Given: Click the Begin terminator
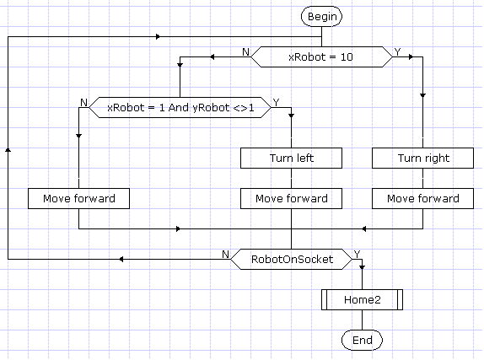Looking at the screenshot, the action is click(x=321, y=16).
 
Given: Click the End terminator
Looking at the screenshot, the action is click(x=362, y=341).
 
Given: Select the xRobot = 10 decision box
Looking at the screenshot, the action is click(x=321, y=56).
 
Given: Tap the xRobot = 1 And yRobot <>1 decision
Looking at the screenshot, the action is click(x=180, y=107).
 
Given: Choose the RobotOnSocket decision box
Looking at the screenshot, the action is click(x=292, y=259).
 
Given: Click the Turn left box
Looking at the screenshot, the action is click(x=292, y=158).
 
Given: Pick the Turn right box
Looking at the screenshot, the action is click(x=423, y=158).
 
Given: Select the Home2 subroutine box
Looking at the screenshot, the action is click(x=362, y=299).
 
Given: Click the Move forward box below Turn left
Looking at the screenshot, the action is click(x=292, y=198).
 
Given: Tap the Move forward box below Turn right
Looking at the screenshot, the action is click(x=423, y=198).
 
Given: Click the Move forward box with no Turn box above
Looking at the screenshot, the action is click(x=78, y=198).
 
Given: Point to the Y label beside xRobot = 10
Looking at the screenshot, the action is click(x=397, y=52).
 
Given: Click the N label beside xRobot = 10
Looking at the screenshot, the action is click(x=245, y=52).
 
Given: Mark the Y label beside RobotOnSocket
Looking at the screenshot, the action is click(x=357, y=254).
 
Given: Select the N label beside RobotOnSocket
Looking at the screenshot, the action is click(x=225, y=254).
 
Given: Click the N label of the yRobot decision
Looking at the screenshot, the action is click(x=83, y=103).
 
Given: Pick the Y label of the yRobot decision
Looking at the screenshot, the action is click(x=276, y=103).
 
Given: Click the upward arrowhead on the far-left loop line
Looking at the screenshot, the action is click(x=8, y=150).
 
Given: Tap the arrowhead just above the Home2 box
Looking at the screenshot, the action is click(x=362, y=267).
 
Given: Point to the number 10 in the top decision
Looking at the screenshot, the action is click(x=347, y=56).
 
